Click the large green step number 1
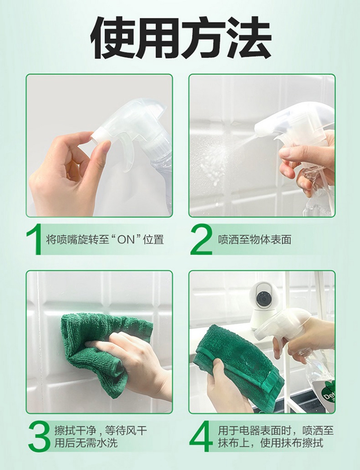coord(34,240)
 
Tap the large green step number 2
coord(201,240)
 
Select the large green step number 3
coord(39,436)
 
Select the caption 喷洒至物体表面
coord(254,240)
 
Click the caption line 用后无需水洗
coord(86,443)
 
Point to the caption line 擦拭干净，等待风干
coord(100,431)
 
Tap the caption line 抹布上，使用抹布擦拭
coord(271,443)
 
